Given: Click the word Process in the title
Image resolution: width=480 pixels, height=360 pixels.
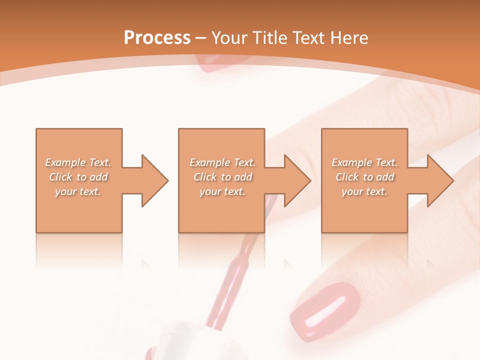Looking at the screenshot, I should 157,37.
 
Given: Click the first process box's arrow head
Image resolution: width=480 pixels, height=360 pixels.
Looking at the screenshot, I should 155,180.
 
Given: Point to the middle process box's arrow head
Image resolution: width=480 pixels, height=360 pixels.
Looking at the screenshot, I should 297,180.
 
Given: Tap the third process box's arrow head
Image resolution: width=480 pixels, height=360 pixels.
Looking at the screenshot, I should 440,180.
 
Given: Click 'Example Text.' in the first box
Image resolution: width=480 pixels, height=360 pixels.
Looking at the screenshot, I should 78,162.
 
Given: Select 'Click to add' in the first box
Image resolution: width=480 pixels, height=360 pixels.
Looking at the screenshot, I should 78,177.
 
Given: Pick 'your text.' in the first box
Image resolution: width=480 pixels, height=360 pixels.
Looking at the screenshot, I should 78,191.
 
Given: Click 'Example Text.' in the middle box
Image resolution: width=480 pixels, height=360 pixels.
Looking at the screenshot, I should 222,162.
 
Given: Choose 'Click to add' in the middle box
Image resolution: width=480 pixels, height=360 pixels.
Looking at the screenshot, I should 222,177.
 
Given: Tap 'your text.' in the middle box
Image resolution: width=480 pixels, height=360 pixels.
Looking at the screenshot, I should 222,191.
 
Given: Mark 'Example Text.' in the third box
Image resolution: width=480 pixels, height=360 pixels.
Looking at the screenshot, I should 364,162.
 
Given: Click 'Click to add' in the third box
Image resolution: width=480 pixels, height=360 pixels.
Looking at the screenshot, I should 364,177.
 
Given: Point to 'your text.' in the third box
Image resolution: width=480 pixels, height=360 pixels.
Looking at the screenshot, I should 364,191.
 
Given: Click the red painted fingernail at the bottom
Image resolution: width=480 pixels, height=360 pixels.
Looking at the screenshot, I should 325,310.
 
